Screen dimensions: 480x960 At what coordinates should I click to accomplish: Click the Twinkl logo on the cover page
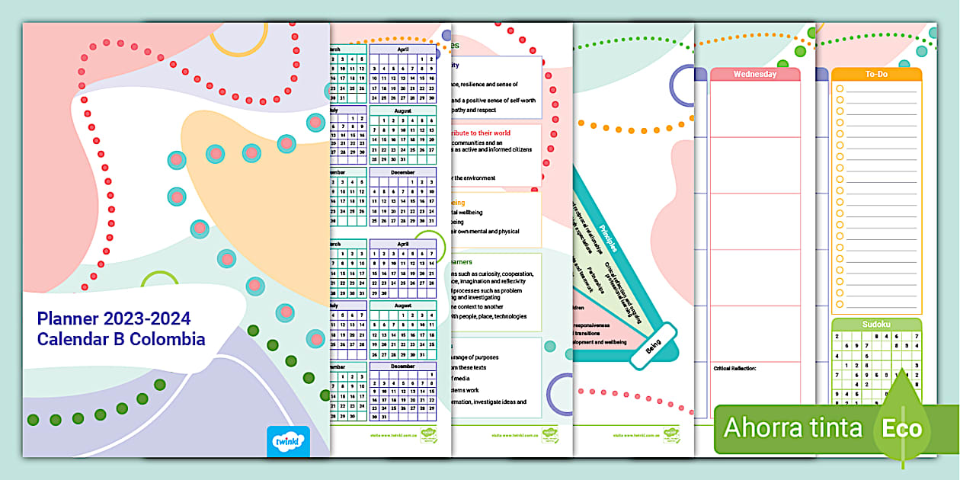coord(290,441)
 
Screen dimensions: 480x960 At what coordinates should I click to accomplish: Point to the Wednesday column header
coord(754,74)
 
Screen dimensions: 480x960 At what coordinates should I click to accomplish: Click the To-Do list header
coord(876,74)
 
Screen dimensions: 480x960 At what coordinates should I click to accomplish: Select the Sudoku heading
coord(876,324)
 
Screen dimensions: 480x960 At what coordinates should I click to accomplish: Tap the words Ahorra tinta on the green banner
coord(792,427)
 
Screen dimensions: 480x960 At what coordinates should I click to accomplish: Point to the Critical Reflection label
coord(734,368)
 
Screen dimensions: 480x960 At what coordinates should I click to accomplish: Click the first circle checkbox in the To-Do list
coord(840,89)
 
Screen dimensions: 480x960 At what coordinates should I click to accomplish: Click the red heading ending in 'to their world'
coord(481,133)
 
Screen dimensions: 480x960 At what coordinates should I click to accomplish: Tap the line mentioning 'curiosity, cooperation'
coord(491,274)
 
